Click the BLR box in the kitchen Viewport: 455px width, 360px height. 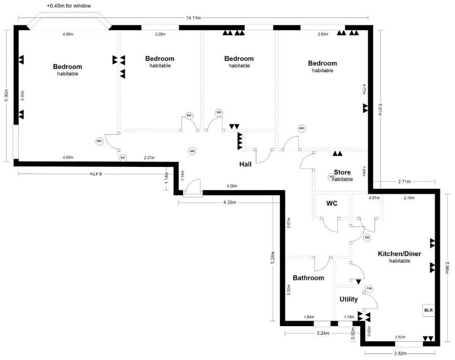[429, 310]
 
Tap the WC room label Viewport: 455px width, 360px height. [332, 203]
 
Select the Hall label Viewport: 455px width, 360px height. [246, 165]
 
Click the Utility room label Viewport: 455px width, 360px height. [348, 299]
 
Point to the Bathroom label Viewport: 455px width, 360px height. [308, 278]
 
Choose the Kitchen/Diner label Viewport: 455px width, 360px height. [399, 254]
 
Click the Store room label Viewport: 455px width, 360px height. [342, 172]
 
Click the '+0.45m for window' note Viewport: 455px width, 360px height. [68, 6]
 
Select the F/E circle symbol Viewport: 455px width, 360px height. [123, 158]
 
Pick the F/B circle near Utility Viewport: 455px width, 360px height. [369, 288]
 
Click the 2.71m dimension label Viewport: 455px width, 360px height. [404, 181]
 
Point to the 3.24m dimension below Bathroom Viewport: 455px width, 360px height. [324, 334]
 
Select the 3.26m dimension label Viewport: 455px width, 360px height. [160, 34]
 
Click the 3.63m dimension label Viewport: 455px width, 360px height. [323, 34]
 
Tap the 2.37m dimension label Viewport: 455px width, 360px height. [150, 158]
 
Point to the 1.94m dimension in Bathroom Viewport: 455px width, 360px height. [308, 317]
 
